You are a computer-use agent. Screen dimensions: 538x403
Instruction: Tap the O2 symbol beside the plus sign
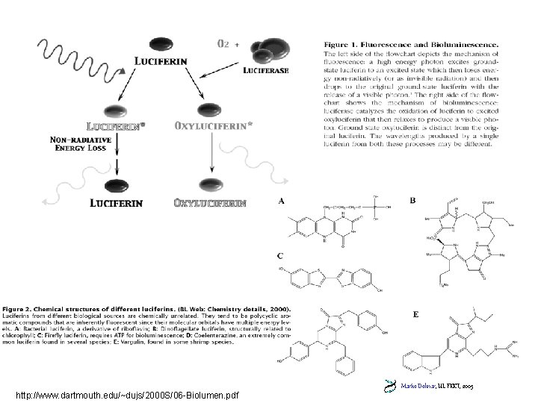click(222, 43)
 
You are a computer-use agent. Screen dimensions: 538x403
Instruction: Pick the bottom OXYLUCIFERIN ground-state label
click(210, 202)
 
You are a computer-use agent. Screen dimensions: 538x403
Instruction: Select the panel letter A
click(281, 201)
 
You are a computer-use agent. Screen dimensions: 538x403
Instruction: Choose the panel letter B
click(413, 201)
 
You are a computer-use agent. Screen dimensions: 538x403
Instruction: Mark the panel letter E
click(415, 314)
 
